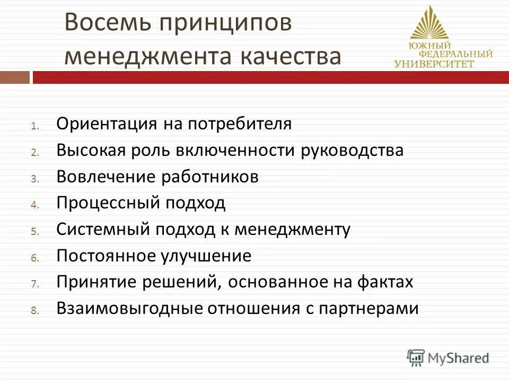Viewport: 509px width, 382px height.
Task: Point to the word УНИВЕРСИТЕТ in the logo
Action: (x=435, y=64)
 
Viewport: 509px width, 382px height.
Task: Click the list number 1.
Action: (x=33, y=126)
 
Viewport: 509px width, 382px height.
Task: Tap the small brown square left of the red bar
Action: (x=14, y=78)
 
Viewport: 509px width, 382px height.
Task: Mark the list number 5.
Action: (x=33, y=232)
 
